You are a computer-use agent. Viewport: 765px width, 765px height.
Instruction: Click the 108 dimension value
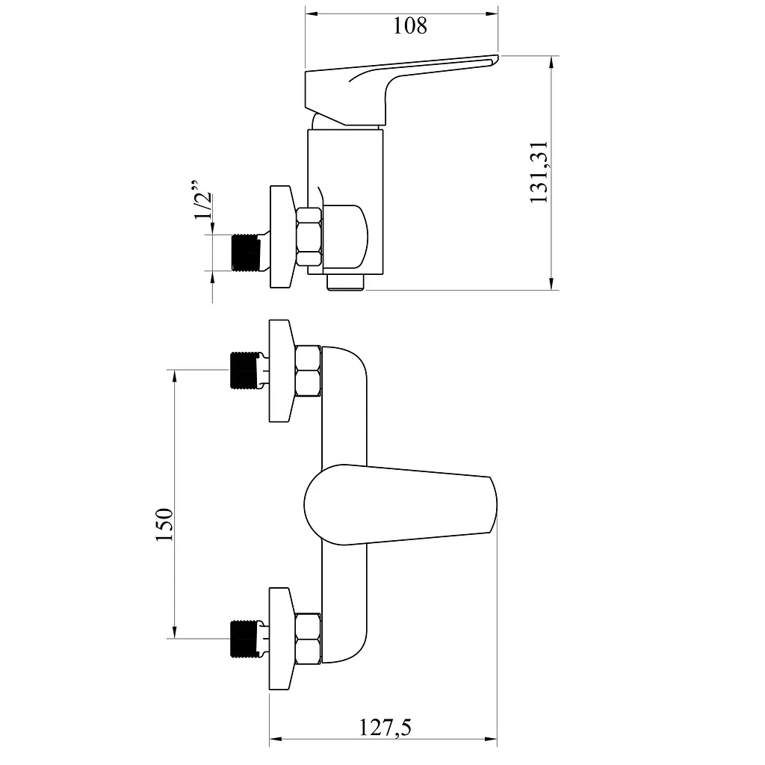(410, 25)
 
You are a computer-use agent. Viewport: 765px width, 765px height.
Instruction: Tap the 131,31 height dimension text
(539, 173)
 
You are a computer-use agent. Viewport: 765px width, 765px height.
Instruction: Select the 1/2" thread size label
(202, 199)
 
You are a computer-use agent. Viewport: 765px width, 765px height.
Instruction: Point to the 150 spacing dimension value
(164, 524)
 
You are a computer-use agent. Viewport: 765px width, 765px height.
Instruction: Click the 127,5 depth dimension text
(385, 728)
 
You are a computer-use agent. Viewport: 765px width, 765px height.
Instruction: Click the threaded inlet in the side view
(246, 253)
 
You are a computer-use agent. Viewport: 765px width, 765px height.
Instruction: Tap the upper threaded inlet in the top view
(246, 371)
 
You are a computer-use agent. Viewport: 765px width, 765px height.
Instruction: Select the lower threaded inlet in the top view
(246, 639)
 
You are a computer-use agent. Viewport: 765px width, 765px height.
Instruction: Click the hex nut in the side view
(309, 237)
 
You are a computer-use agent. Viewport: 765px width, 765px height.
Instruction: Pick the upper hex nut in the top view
(309, 371)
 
